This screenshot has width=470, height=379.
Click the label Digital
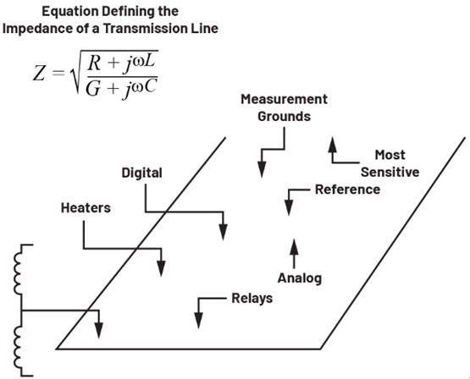coord(141,173)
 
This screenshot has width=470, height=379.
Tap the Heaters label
coord(86,208)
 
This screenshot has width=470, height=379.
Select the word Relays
coord(252,299)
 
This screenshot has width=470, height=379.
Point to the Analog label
coord(300,278)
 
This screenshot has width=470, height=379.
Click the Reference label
coord(347,189)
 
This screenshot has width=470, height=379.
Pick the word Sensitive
coord(390,172)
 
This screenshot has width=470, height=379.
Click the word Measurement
coord(284,99)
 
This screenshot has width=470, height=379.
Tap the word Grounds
coord(284,117)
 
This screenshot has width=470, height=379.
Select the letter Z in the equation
coord(39,74)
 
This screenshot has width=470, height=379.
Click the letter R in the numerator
coord(94,63)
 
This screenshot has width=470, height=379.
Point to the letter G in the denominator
coord(92,88)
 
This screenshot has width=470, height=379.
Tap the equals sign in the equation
coord(58,73)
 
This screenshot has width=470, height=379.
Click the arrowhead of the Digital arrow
coord(223,232)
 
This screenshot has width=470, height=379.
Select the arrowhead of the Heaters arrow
coord(161,268)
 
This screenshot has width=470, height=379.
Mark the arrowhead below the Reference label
coord(289,207)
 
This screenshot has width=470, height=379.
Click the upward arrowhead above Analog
coord(294,247)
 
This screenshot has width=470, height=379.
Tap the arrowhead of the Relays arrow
coord(198,321)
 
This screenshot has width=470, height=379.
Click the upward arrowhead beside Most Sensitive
coord(332,146)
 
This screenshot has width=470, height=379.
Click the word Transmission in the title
coord(145,29)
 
